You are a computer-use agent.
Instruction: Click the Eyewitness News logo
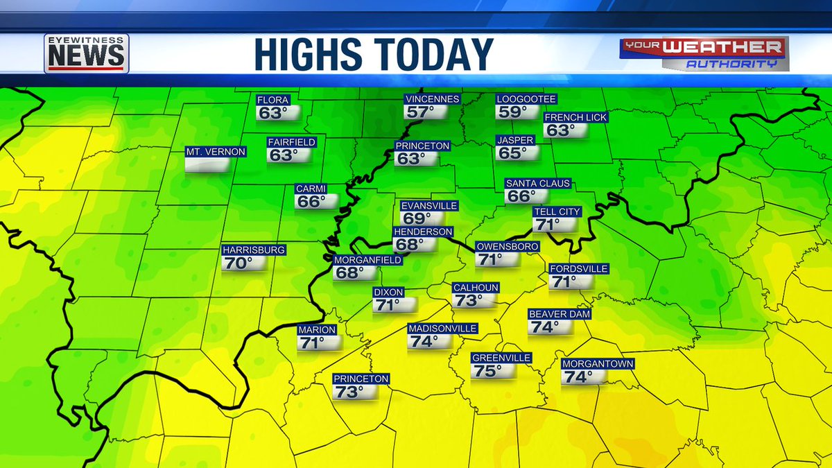(86, 53)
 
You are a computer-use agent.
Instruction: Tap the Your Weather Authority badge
(703, 53)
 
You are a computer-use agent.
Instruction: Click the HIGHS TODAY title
(374, 54)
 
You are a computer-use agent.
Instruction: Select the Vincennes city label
(433, 99)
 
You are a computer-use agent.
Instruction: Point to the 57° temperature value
(419, 112)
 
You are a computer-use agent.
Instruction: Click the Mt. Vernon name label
(215, 151)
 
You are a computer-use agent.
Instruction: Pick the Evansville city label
(429, 206)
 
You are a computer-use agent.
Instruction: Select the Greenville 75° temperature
(487, 371)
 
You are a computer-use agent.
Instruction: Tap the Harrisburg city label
(253, 250)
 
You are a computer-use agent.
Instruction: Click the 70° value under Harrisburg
(237, 263)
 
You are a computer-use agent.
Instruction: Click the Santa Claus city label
(538, 184)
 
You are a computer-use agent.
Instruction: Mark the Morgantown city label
(588, 364)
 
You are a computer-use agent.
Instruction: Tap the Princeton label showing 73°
(361, 379)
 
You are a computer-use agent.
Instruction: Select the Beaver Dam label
(560, 314)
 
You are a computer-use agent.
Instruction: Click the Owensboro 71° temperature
(491, 260)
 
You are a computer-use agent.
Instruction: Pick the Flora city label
(272, 100)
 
